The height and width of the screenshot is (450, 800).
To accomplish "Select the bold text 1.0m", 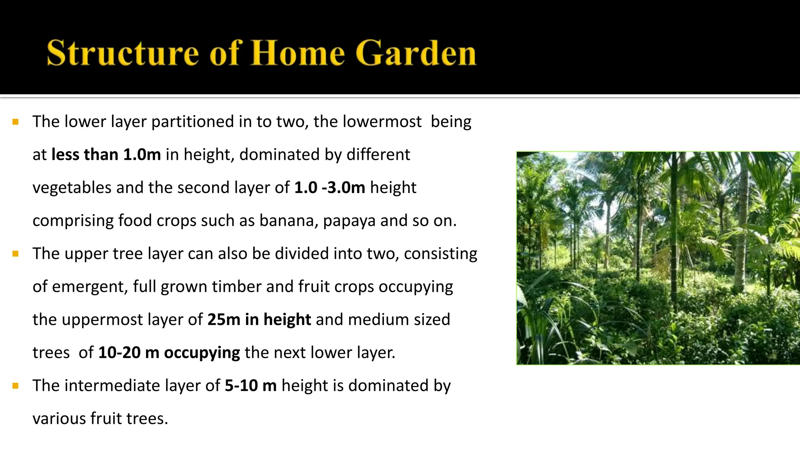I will [142, 155].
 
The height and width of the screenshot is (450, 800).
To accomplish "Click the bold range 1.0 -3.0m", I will [329, 187].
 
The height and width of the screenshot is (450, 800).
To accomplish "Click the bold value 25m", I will [224, 320].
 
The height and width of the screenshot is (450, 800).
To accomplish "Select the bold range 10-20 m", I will [129, 353].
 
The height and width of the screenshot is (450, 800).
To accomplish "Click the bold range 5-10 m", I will [250, 386].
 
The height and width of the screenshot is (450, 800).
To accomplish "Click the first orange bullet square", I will [16, 122].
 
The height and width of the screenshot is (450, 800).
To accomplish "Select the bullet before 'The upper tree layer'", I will [16, 254].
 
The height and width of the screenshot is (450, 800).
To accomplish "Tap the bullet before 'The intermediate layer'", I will [16, 386].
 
